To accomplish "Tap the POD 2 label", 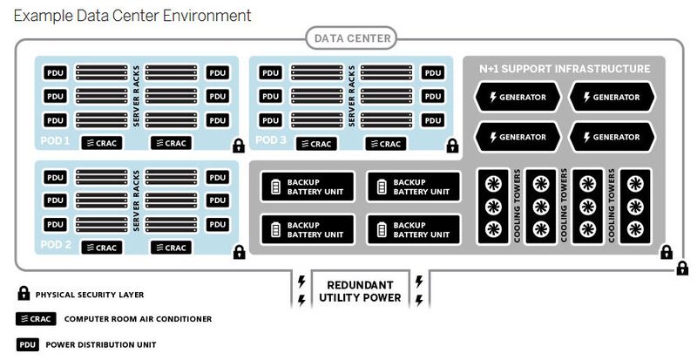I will point(56,246).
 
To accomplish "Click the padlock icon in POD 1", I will point(238,146).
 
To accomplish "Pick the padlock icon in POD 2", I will point(238,252).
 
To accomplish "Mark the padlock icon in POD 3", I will point(452,146).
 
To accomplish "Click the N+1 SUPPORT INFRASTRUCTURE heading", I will point(565,68).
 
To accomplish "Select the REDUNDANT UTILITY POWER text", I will point(359,291).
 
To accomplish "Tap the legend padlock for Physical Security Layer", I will point(24,295).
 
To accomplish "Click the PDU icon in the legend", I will point(27,343).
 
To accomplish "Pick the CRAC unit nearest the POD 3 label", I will point(315,143).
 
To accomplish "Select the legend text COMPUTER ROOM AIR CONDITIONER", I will point(138,319).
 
